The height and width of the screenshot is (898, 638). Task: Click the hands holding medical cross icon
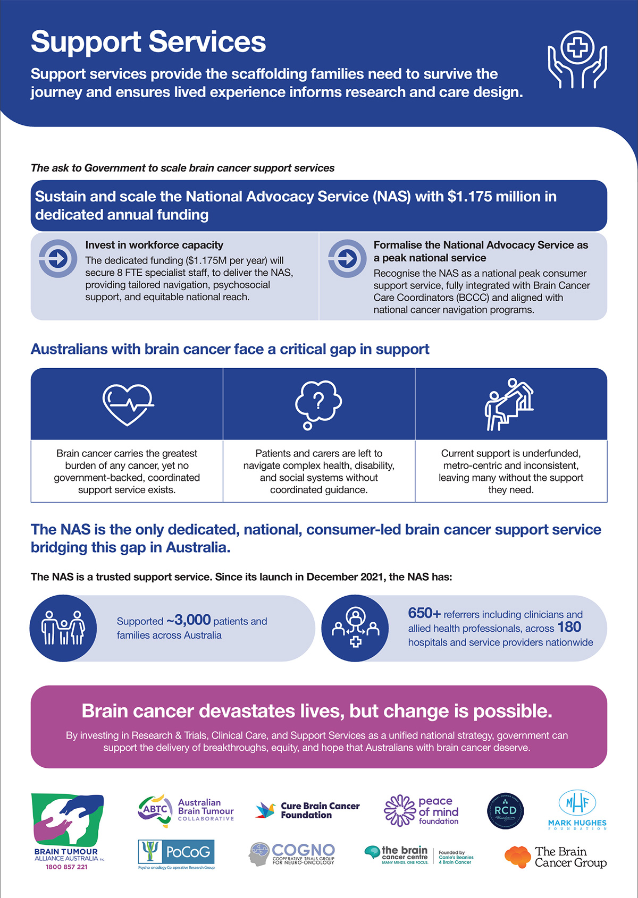pos(577,60)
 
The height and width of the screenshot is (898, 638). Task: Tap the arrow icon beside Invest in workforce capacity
pos(58,259)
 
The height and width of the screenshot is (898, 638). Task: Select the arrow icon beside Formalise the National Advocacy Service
pos(347,259)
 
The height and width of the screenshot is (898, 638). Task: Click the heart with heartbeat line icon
pos(128,404)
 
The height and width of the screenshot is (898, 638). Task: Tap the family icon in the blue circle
pos(63,628)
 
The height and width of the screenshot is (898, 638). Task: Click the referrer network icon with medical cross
pos(355,628)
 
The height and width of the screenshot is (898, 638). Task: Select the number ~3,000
pos(188,620)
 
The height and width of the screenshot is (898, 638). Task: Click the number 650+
pos(424,613)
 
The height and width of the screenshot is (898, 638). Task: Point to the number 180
pos(569,627)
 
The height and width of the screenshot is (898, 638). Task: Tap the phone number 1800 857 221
pos(66,867)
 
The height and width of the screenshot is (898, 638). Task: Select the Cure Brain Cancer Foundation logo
pos(308,810)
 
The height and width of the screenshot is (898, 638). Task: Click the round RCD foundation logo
pos(505,811)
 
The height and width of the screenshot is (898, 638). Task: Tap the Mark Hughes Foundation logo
pos(577,810)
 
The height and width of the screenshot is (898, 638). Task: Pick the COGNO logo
pos(292,854)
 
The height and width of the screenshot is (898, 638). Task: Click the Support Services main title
pos(148,41)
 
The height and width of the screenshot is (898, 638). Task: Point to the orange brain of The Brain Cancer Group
pos(518,857)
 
